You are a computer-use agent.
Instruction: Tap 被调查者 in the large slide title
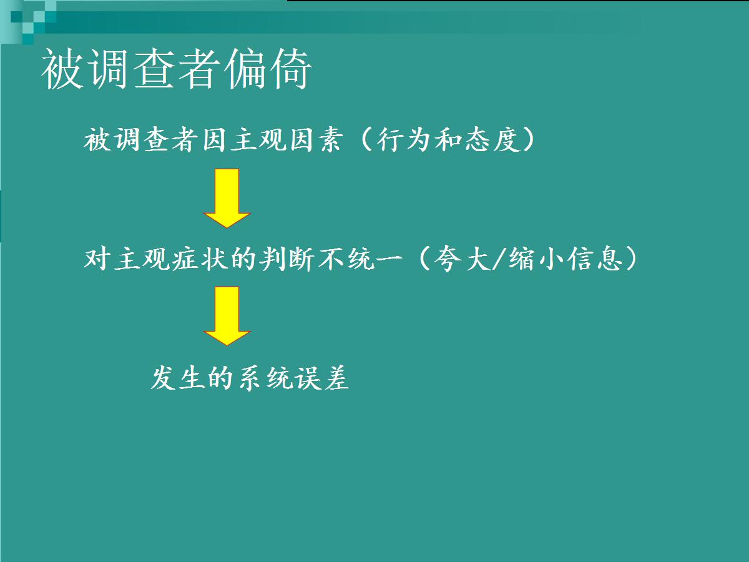(130, 69)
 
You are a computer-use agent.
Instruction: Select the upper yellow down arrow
(227, 198)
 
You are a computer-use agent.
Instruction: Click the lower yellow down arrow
(227, 316)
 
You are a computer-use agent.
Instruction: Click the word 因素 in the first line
(316, 139)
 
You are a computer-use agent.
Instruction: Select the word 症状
(200, 259)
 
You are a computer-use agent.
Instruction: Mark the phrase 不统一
(361, 259)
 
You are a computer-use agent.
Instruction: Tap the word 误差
(323, 378)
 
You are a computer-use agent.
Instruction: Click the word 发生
(177, 378)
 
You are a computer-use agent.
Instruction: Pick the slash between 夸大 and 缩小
(499, 259)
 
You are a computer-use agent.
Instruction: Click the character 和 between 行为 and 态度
(448, 139)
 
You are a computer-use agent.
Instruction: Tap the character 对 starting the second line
(97, 259)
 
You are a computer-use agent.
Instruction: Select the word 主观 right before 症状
(142, 259)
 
